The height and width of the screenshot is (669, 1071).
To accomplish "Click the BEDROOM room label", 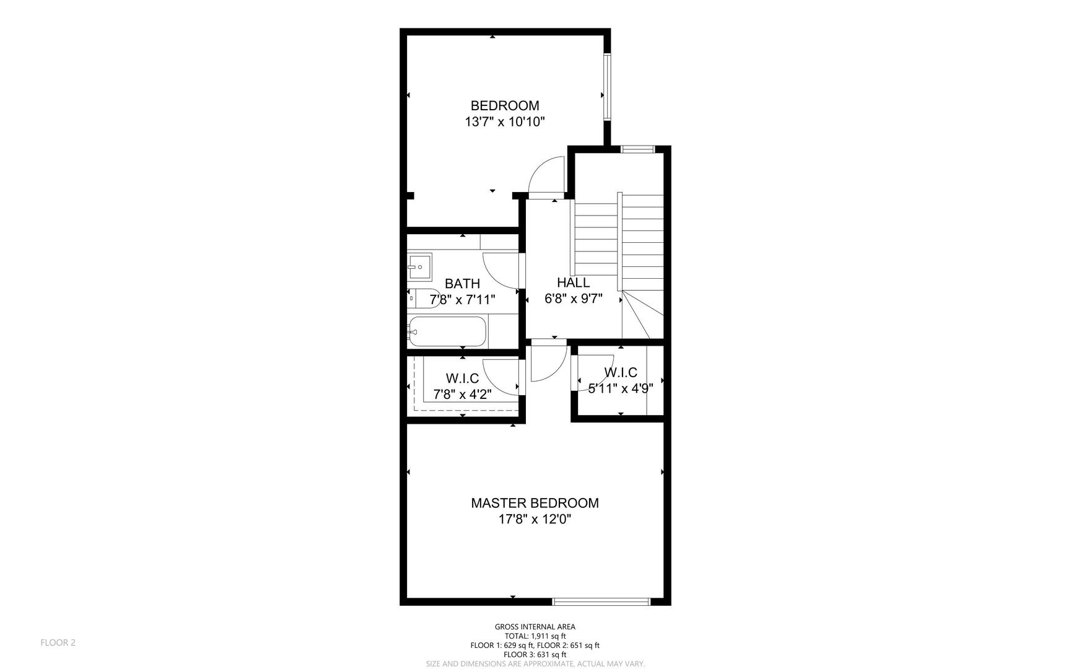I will click(x=505, y=105).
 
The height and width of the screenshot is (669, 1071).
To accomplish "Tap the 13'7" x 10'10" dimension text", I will click(x=505, y=122).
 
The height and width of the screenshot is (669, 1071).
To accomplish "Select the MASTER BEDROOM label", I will click(x=535, y=503).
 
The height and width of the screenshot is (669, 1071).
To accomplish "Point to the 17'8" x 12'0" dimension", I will click(x=535, y=520).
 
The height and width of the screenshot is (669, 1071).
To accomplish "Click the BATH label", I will click(x=462, y=284).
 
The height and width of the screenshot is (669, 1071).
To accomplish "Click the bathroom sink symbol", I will click(x=419, y=267).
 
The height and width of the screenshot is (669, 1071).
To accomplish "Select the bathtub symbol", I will click(x=447, y=332).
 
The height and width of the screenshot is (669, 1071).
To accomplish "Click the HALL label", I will click(x=573, y=282).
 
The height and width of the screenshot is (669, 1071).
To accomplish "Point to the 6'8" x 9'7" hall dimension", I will click(x=573, y=299).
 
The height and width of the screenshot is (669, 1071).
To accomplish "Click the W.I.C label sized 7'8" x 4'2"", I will click(x=462, y=378).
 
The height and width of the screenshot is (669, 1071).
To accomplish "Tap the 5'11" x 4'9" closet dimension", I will click(x=621, y=389).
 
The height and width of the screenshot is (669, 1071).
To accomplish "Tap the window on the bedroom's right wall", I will click(x=608, y=87).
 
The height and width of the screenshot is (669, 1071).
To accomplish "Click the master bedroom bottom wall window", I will click(x=601, y=601).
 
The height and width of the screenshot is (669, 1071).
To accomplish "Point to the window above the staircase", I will click(x=638, y=149).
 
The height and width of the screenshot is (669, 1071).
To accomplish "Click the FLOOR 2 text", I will click(x=58, y=642).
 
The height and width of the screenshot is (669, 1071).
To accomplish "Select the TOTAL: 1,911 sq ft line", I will click(x=535, y=636).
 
